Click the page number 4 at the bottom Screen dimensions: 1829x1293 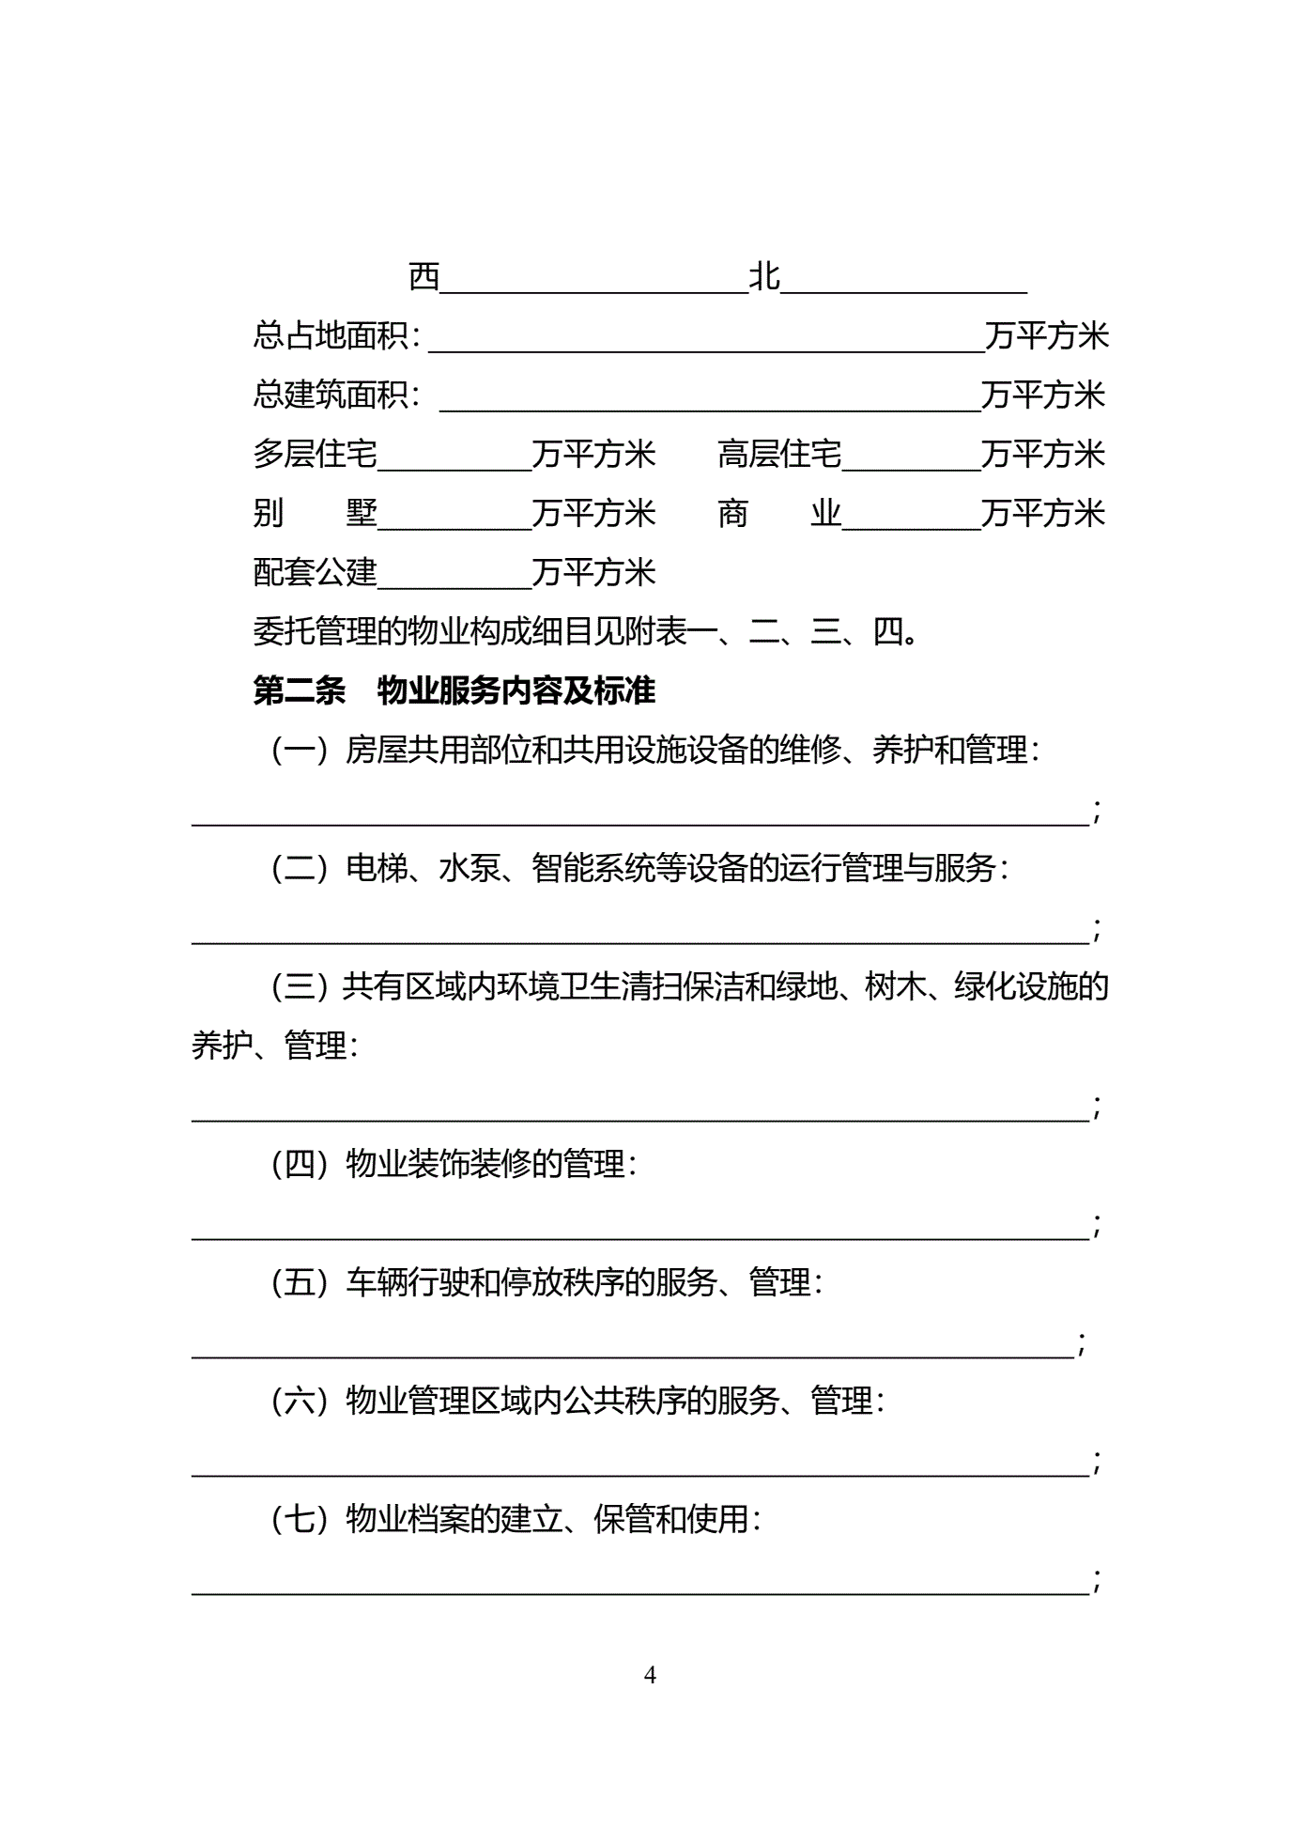pyautogui.click(x=650, y=1675)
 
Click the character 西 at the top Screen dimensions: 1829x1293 pyautogui.click(x=424, y=277)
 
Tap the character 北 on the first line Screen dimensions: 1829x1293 pyautogui.click(x=764, y=277)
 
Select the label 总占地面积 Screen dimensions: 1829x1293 pyautogui.click(x=331, y=336)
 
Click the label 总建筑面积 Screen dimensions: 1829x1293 pyautogui.click(x=331, y=395)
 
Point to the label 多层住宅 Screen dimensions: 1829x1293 pyautogui.click(x=315, y=455)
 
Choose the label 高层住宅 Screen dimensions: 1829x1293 pyautogui.click(x=779, y=455)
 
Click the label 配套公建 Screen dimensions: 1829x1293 pyautogui.click(x=315, y=572)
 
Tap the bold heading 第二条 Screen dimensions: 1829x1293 pyautogui.click(x=299, y=691)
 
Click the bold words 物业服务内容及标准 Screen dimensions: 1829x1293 pyautogui.click(x=516, y=691)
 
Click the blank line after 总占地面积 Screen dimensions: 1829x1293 pyautogui.click(x=706, y=348)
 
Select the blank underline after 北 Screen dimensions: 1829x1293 pyautogui.click(x=903, y=289)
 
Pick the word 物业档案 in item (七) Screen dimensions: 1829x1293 pyautogui.click(x=408, y=1519)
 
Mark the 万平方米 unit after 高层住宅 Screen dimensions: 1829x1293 pyautogui.click(x=1043, y=455)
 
